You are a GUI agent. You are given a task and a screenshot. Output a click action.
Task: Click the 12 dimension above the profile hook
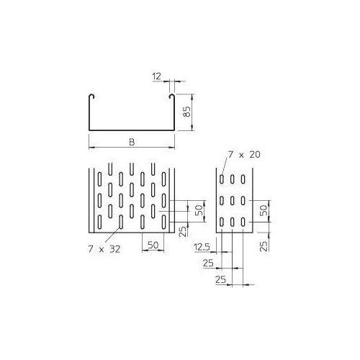[157, 73]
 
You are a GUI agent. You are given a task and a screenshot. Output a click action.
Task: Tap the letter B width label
[132, 141]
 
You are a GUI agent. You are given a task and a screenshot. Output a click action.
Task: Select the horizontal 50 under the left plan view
[152, 245]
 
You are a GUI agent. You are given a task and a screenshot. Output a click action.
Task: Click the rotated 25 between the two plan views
[183, 232]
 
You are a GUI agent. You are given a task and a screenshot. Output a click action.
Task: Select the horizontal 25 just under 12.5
[208, 264]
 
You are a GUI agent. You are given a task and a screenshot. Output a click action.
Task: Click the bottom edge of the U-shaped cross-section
[132, 131]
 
